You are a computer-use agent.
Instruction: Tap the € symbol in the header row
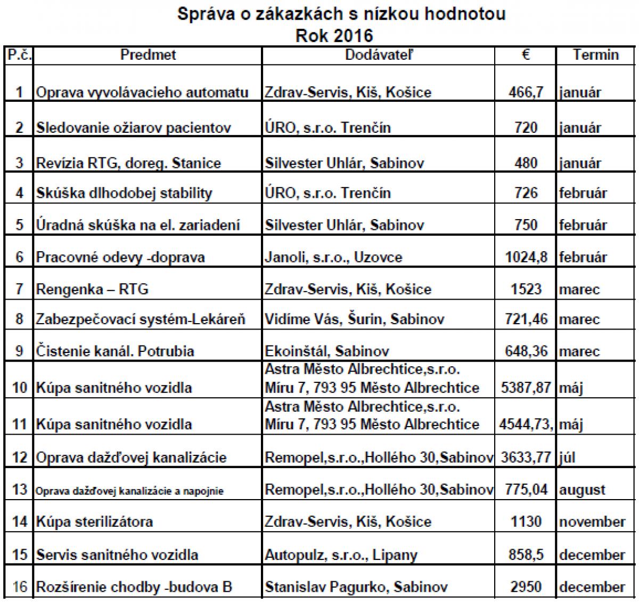tap(525, 54)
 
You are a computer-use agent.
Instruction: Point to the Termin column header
tap(596, 55)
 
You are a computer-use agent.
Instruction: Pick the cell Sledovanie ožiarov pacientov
tap(134, 128)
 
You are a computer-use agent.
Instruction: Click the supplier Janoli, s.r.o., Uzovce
tap(333, 258)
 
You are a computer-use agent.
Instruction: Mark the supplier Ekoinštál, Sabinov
tap(327, 351)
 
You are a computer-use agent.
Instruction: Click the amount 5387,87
tap(525, 388)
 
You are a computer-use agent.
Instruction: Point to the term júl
tap(568, 457)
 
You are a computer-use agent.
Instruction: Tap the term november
tap(592, 521)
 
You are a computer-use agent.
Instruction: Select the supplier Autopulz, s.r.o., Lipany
tap(341, 555)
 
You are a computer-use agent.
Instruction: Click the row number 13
tap(19, 489)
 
